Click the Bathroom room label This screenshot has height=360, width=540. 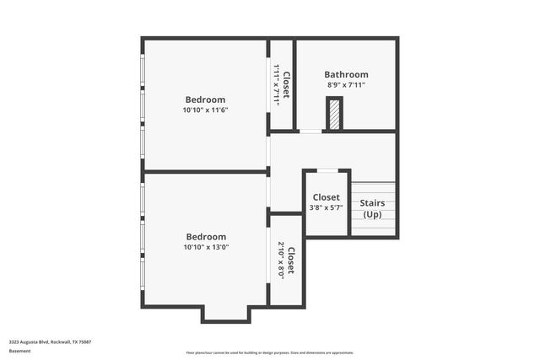tap(346, 74)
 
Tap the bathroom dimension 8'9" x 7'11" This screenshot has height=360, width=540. tap(346, 85)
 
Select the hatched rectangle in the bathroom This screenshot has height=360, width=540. tap(335, 114)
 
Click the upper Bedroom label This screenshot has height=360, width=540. tap(205, 99)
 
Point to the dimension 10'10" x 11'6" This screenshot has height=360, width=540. tap(205, 110)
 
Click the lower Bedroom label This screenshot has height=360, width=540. tap(205, 237)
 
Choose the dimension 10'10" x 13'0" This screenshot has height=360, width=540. tap(205, 248)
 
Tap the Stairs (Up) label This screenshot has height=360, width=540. tap(372, 208)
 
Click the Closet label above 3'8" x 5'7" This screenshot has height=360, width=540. tap(326, 197)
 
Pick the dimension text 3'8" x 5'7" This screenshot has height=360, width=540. tap(326, 208)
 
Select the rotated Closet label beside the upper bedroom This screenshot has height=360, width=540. tap(286, 85)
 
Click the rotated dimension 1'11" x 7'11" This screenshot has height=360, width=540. tap(276, 85)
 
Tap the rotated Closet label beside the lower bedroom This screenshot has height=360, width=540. tap(291, 261)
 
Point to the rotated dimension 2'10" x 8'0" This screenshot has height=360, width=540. tap(281, 261)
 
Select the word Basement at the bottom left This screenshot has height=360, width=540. tap(20, 351)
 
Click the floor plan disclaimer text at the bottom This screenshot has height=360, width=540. tap(269, 352)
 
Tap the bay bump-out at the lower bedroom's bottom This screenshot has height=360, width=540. tap(226, 313)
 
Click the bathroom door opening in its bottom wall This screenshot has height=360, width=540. tap(310, 132)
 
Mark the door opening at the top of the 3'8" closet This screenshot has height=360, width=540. tap(327, 171)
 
